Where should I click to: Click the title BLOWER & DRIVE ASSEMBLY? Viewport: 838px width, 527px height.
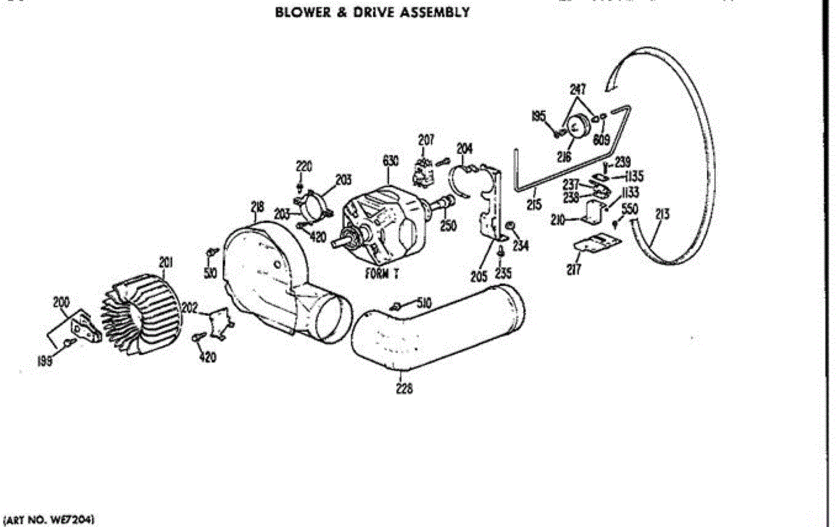tap(372, 13)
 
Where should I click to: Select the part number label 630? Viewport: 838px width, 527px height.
tap(390, 161)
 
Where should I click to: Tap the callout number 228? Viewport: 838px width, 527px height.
tap(404, 389)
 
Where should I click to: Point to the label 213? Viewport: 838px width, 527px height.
tap(662, 215)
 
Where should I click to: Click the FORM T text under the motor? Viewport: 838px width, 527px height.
tap(382, 274)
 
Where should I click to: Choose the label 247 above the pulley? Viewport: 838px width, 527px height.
tap(578, 89)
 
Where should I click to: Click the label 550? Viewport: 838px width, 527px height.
tap(629, 208)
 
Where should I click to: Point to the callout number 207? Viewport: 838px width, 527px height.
tap(426, 140)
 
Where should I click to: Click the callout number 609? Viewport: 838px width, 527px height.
tap(602, 139)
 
